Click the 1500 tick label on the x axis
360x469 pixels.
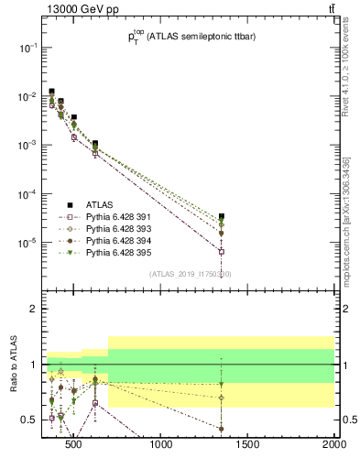(x=248, y=446)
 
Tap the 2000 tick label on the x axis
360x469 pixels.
(x=333, y=446)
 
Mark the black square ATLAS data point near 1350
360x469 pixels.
(x=222, y=216)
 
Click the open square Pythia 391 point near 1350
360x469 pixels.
(x=222, y=251)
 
